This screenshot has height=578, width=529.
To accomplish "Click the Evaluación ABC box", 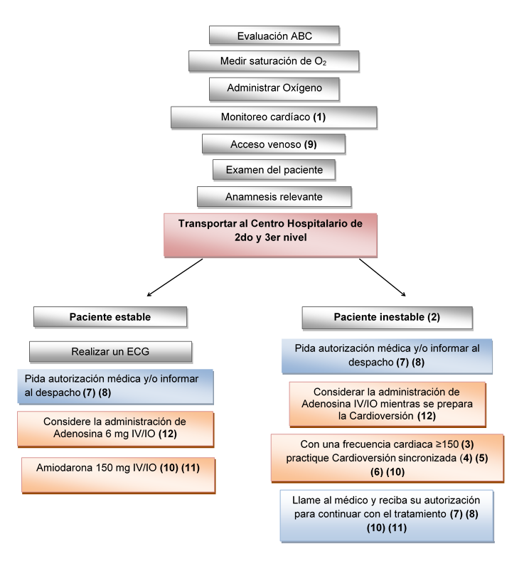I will click(x=274, y=36).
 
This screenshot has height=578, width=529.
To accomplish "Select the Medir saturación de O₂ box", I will click(x=274, y=62).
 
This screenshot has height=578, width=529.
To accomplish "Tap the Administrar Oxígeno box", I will click(x=274, y=89).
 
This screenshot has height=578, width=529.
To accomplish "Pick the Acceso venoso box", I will click(x=274, y=144).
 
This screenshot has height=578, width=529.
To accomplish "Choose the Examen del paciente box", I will click(x=274, y=170).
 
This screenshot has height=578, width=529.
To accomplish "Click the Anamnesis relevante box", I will click(x=274, y=197).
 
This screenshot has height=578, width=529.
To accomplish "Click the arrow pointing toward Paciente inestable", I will click(x=383, y=277).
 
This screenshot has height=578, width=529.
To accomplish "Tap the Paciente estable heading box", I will click(x=110, y=316).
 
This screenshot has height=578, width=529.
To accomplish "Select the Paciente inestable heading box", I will click(x=387, y=316).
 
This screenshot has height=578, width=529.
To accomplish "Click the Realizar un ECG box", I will click(x=110, y=351).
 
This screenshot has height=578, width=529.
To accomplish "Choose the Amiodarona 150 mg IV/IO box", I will click(x=117, y=474).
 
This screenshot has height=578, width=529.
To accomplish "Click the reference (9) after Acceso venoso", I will click(x=310, y=144).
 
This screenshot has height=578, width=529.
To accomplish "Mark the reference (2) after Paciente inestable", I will click(x=434, y=316).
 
